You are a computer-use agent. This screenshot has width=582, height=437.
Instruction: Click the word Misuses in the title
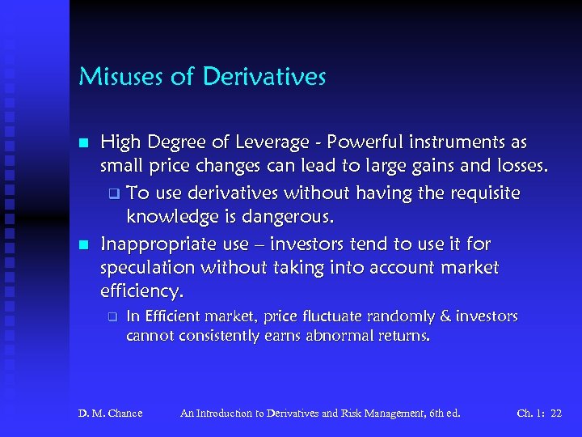pos(112,78)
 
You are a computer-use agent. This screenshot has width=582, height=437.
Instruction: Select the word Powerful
pos(374,143)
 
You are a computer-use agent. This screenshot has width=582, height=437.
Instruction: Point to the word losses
pos(518,168)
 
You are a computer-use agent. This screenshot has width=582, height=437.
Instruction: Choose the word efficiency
pos(139,291)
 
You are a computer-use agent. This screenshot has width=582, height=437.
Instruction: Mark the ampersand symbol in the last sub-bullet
pos(442,316)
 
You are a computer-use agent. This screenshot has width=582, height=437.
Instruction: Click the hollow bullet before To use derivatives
pos(114,194)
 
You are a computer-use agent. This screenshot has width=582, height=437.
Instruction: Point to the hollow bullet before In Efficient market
pos(114,316)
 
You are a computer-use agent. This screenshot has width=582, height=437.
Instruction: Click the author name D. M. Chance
pos(110,414)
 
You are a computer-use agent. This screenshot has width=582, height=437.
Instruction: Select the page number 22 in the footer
pos(555,414)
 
